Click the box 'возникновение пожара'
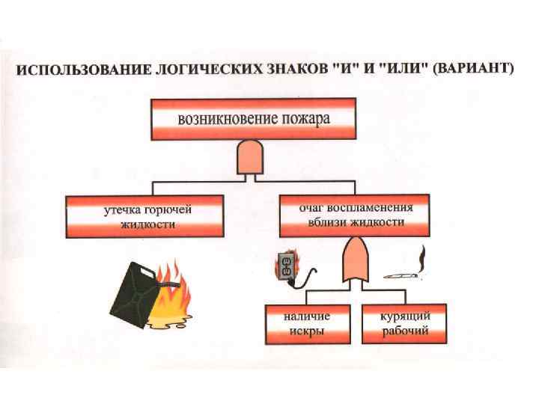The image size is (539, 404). [x=253, y=119]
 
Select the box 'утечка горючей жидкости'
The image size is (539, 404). [x=145, y=216]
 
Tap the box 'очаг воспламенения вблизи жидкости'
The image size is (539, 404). [x=354, y=216]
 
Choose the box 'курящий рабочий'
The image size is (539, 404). [x=404, y=325]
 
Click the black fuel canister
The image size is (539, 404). [x=135, y=291]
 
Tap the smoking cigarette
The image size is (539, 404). [x=404, y=275]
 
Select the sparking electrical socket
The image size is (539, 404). [x=286, y=266]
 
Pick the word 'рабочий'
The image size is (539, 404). [x=405, y=331]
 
